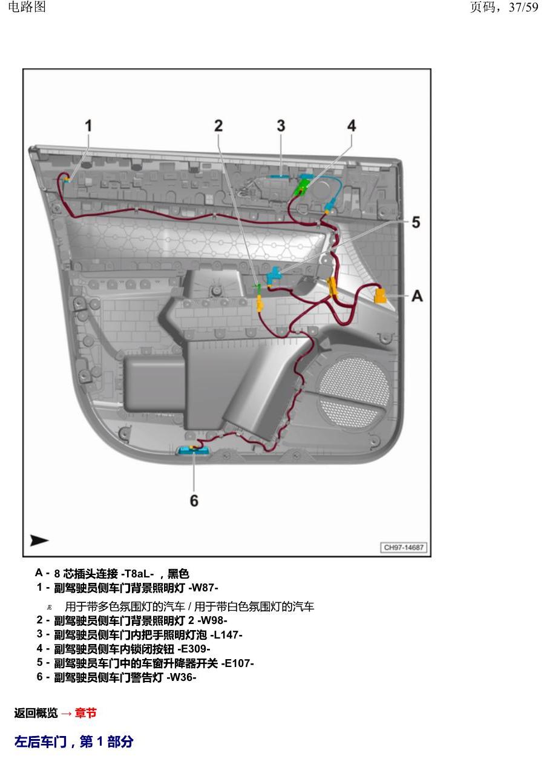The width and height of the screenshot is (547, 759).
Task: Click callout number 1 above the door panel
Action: click(x=88, y=126)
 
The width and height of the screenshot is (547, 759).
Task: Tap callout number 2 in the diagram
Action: click(x=218, y=126)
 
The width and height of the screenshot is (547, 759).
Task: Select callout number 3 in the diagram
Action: click(x=281, y=126)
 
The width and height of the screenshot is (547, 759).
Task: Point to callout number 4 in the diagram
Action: click(x=352, y=126)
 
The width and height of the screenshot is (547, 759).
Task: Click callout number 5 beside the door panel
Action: click(x=416, y=222)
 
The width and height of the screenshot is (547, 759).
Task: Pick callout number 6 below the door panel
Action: click(x=194, y=501)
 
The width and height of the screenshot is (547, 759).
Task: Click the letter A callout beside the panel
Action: click(x=418, y=296)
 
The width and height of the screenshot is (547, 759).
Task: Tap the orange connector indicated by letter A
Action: click(x=381, y=296)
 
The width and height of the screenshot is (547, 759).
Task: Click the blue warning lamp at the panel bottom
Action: click(x=194, y=450)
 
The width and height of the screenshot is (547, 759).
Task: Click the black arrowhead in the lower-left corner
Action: click(x=39, y=540)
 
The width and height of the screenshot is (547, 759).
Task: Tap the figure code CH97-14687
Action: click(x=404, y=547)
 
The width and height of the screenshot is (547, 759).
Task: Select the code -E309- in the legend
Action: click(x=194, y=648)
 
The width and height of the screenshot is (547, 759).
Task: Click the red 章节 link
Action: click(x=86, y=712)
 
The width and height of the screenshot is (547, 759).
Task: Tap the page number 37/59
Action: click(x=523, y=7)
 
